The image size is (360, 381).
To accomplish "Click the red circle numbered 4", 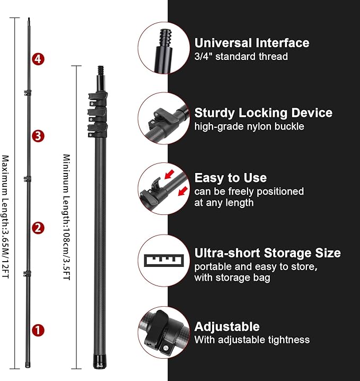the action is point(38,59).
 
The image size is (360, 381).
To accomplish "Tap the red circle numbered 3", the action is point(38,136).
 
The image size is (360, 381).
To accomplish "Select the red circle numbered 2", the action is point(38,228).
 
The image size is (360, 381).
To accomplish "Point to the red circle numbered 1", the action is point(38,331).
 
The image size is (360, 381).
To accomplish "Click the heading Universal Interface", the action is point(252,43).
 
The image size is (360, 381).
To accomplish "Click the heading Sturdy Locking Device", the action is point(264,113).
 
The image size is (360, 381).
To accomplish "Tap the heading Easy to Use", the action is point(231,178).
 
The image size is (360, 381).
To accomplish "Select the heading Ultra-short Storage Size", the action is point(268,253).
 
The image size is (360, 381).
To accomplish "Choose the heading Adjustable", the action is point(227,326).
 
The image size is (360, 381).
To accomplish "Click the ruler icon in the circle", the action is point(164,261).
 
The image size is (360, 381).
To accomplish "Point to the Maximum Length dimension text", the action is point(5,217).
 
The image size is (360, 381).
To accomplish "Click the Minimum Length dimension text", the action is point(66,217).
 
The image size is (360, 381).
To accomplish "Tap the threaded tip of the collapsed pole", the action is point(101,71).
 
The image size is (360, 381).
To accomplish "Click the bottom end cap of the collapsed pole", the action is point(100,361).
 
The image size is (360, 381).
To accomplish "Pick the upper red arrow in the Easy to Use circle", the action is point(170,174).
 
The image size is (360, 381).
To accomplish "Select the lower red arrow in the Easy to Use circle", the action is point(183,191).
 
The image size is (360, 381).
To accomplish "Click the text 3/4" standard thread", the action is point(241,57).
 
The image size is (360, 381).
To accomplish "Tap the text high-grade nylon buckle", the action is point(249,127).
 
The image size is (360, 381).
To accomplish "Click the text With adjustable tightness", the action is point(252,340).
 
